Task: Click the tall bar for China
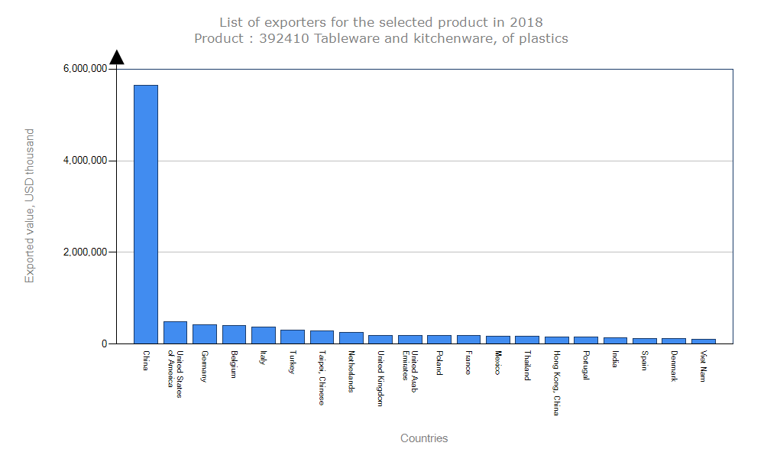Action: pos(146,214)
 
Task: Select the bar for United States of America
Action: pos(175,333)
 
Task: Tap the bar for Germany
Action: pos(205,334)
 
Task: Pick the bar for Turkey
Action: pos(293,337)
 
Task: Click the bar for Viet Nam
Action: pos(704,341)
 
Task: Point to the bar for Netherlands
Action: pos(351,338)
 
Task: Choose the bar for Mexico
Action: pos(498,340)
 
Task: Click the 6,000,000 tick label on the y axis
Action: pos(84,69)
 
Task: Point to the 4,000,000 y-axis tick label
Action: pos(84,161)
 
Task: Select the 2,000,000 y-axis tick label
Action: pos(84,252)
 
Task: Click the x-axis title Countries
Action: pos(424,438)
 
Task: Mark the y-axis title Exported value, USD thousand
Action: pos(30,206)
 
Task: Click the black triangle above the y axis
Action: pos(116,57)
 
